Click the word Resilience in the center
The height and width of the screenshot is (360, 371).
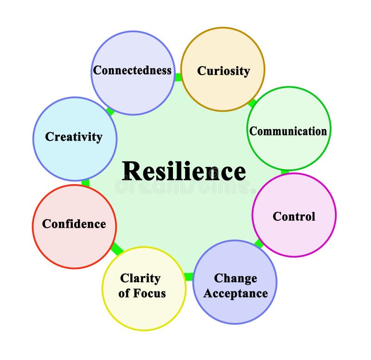tap(184, 172)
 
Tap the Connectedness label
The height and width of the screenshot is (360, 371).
tap(132, 71)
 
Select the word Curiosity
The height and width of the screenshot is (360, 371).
tap(223, 71)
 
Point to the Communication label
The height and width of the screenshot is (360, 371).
tap(288, 131)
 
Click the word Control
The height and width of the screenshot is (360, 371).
tap(294, 217)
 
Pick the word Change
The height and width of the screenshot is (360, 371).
tap(235, 278)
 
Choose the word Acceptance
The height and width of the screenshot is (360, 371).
tap(235, 294)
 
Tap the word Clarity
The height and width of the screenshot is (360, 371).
tap(140, 278)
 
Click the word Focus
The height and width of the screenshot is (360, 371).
tap(149, 294)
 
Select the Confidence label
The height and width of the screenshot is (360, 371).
tap(74, 224)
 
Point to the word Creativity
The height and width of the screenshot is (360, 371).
tap(74, 137)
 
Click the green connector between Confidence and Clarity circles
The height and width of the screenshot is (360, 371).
tap(116, 249)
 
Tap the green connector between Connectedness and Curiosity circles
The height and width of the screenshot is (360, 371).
tap(178, 77)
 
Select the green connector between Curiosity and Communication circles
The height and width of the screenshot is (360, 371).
tap(252, 103)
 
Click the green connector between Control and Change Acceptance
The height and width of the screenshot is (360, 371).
tap(259, 244)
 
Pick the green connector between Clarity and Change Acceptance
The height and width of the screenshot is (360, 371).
tap(188, 277)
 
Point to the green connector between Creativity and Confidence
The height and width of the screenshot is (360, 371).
tap(85, 183)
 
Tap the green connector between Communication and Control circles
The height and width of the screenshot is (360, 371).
tap(285, 172)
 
